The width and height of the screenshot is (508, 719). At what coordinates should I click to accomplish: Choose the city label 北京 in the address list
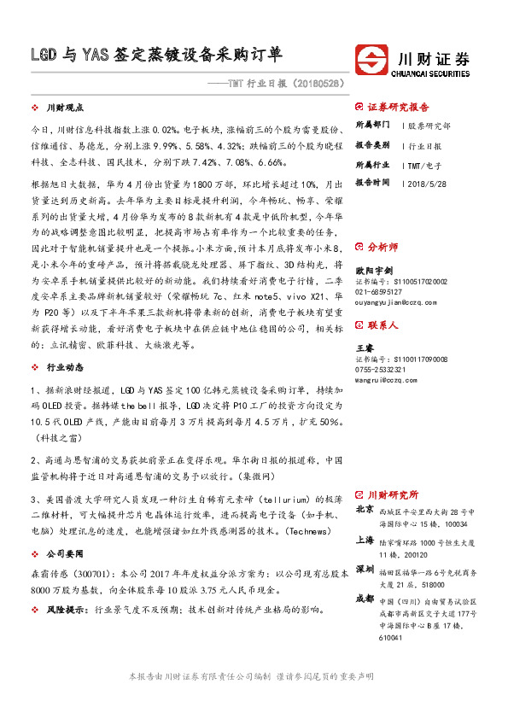click(364, 510)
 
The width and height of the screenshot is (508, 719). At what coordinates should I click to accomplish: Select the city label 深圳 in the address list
click(364, 569)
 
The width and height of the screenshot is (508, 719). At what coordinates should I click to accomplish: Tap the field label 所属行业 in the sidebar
click(372, 164)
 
